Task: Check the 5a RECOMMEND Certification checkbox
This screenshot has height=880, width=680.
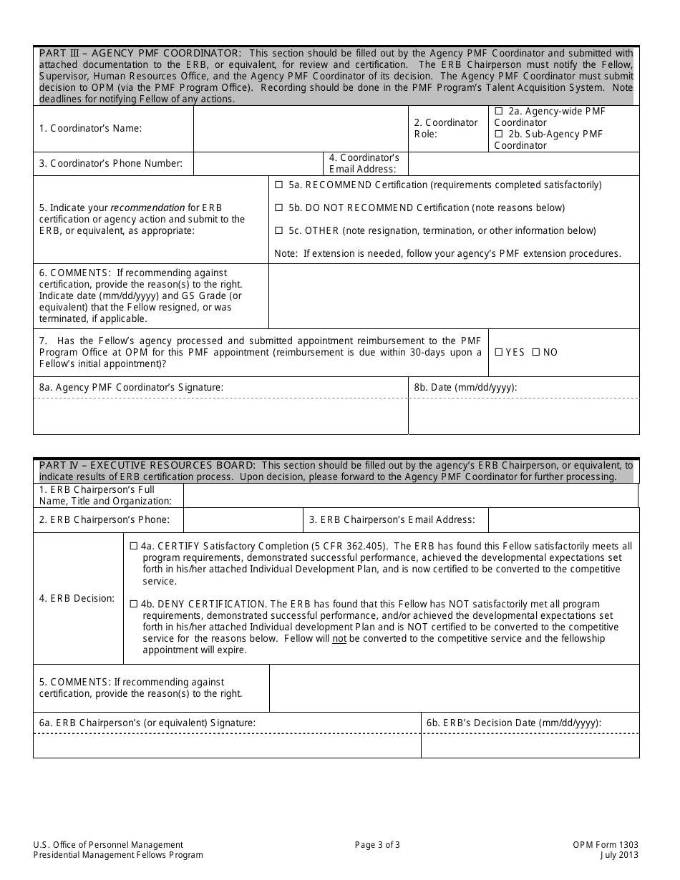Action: [x=278, y=185]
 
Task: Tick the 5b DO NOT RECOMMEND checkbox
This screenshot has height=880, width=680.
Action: [x=278, y=208]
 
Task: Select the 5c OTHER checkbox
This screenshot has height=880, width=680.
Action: [x=278, y=231]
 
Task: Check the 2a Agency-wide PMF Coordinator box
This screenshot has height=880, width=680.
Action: [x=499, y=112]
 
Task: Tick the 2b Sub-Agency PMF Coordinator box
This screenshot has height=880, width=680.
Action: [x=499, y=135]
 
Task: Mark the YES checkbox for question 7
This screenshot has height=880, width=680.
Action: [x=499, y=353]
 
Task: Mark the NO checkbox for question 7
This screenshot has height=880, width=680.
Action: [x=535, y=353]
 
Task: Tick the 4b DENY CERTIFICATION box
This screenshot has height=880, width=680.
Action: [x=134, y=605]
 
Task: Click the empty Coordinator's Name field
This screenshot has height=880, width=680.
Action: [x=301, y=129]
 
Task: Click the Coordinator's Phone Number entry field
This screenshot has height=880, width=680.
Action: [x=258, y=164]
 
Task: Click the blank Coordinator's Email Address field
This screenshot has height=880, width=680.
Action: [x=523, y=164]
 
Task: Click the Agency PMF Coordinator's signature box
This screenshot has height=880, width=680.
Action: [x=220, y=416]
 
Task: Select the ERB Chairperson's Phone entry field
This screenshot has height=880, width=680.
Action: [x=243, y=520]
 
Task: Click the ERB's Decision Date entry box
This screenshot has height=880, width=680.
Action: [x=530, y=745]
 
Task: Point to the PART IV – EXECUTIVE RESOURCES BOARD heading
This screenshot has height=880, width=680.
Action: [x=147, y=465]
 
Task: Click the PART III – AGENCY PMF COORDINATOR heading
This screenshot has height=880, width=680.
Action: [x=140, y=53]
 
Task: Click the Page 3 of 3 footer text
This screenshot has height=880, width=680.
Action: [x=377, y=845]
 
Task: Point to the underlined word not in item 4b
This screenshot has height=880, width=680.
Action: [x=339, y=639]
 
